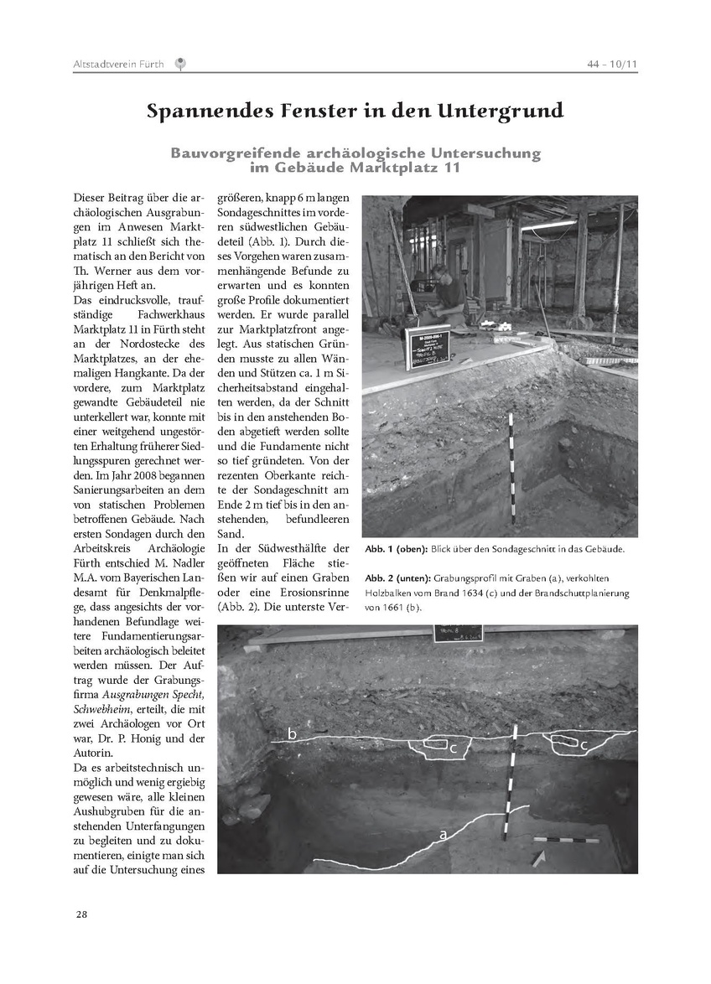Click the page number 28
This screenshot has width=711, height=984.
coord(80,914)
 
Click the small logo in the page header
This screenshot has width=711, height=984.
coord(180,64)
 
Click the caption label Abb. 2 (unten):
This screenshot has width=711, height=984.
coord(397,579)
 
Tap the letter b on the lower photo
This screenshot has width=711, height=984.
coord(292,734)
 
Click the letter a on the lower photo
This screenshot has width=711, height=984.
coord(441,834)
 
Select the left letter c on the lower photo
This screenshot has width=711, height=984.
coord(453,748)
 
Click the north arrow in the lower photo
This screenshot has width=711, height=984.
coord(537,857)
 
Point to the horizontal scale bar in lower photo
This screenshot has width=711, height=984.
coord(566,839)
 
